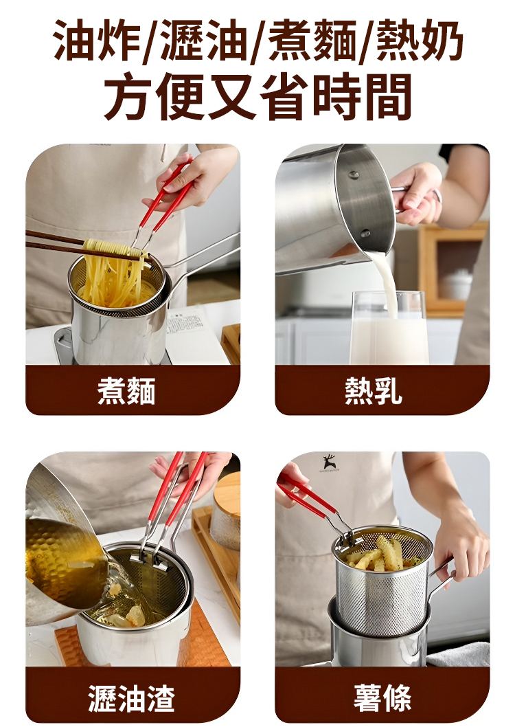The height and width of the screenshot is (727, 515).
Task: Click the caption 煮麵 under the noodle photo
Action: [126, 391]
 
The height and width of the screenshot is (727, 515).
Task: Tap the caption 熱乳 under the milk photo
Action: [374, 391]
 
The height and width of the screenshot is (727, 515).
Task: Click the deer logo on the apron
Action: [330, 461]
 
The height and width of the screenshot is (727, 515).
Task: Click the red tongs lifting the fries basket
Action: [309, 498]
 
